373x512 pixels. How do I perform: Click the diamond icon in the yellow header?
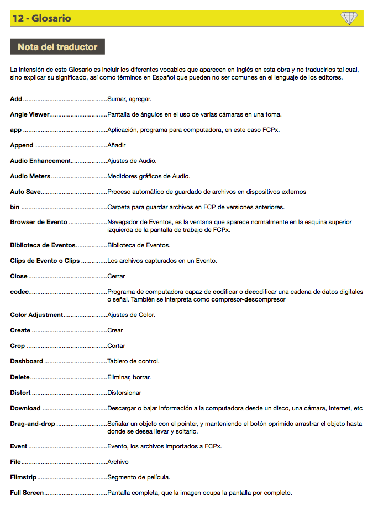click(349, 18)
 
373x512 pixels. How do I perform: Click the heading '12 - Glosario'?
click(42, 18)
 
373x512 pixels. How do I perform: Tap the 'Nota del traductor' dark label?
click(57, 47)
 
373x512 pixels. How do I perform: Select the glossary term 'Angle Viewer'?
click(30, 114)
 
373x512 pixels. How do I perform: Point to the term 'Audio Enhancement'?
click(40, 161)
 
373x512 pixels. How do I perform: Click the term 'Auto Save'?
click(25, 192)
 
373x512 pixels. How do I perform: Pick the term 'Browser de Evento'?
click(39, 222)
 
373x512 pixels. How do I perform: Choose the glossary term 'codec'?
click(19, 291)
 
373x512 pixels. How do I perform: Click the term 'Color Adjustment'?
click(37, 315)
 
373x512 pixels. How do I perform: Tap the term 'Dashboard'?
click(27, 361)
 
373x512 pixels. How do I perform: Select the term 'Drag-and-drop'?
click(33, 424)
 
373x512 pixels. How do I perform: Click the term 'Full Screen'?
click(27, 492)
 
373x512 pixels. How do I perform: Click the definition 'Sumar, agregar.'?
click(129, 99)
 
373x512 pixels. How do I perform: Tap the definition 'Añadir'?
click(117, 145)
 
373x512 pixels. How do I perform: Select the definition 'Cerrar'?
click(116, 276)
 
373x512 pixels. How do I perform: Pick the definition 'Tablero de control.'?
click(133, 361)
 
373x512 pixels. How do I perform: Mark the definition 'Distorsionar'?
click(124, 393)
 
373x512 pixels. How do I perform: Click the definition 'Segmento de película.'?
click(139, 477)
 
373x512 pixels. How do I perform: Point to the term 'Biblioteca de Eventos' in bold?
click(43, 245)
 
